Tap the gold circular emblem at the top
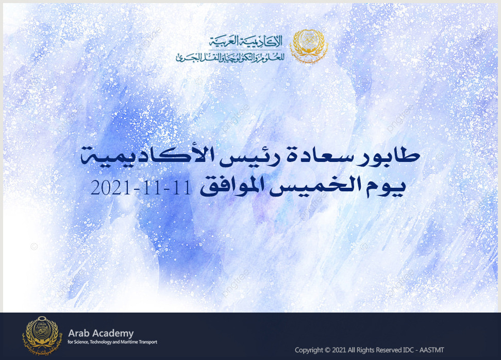pos(309,46)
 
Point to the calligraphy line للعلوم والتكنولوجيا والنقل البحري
pos(230,57)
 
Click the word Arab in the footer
pos(78,334)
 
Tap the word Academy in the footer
pos(112,334)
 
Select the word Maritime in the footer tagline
pos(129,342)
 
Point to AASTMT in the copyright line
pos(431,350)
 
